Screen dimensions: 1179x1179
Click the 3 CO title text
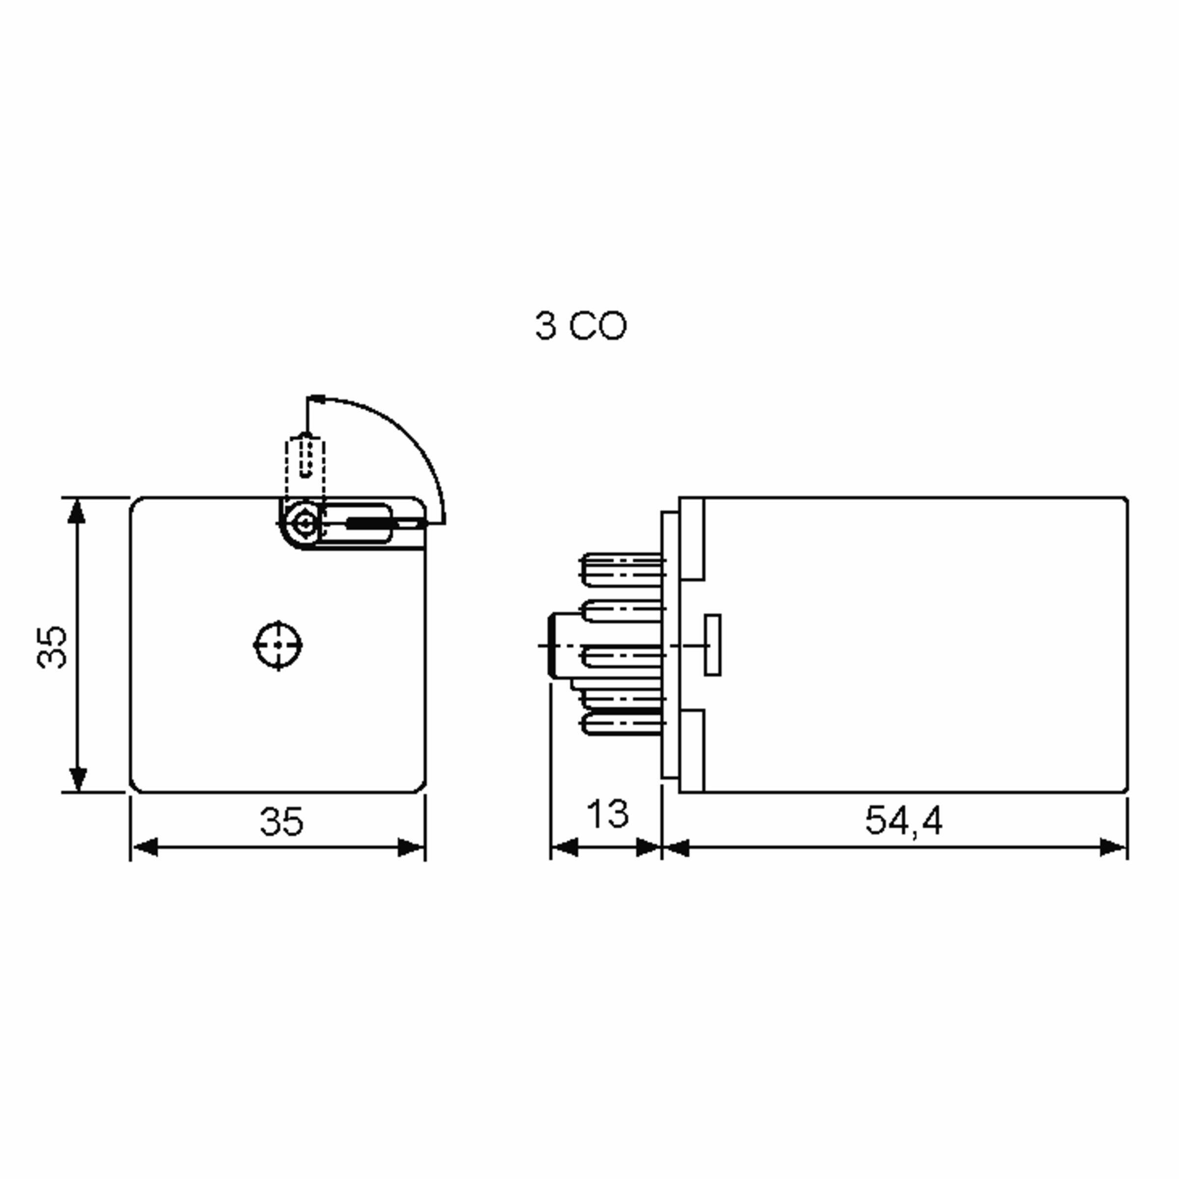click(580, 325)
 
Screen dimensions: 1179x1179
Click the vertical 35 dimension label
click(53, 647)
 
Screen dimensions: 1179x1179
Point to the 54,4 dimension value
click(904, 821)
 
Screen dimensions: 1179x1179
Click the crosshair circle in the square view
click(278, 645)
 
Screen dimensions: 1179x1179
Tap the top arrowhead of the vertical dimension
click(76, 511)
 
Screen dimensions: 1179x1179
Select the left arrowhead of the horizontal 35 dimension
click(145, 847)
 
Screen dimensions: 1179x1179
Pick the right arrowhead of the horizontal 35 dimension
click(411, 847)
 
